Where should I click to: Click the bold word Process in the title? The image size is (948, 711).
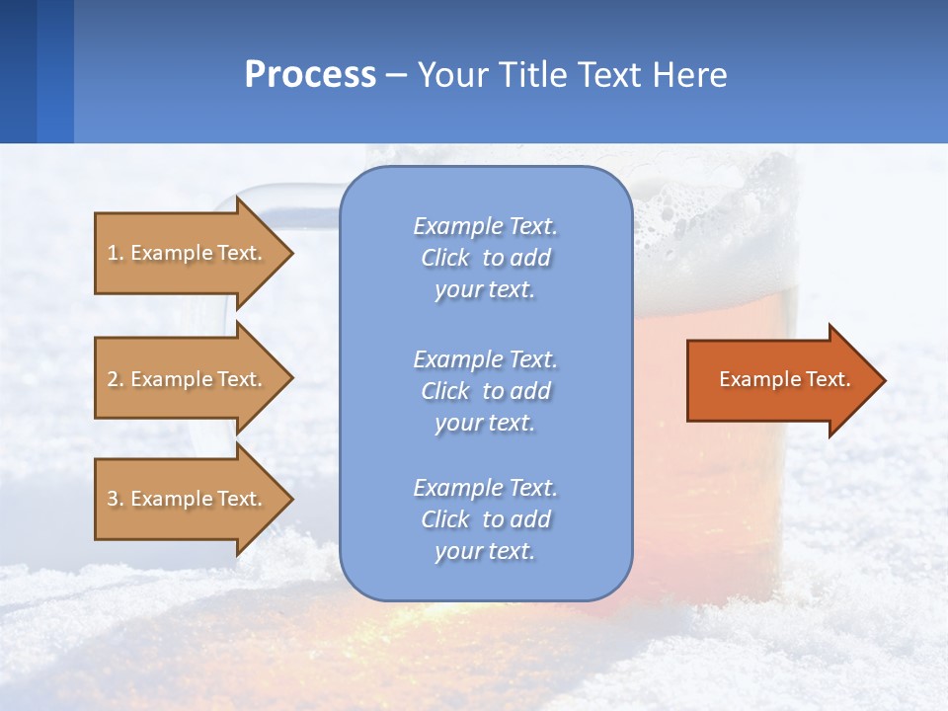(310, 75)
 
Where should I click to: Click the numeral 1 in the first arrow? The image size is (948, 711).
(113, 253)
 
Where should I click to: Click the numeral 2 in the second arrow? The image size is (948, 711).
(113, 379)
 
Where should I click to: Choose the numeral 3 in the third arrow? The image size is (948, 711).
(113, 499)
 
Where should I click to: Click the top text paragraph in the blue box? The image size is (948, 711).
(485, 258)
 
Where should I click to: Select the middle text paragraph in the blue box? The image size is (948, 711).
(485, 391)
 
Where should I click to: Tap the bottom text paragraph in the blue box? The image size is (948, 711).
(485, 519)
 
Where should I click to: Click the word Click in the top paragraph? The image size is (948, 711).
(445, 258)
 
